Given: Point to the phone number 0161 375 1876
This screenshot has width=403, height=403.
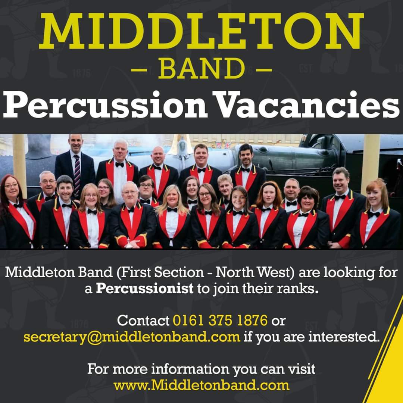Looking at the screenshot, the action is point(220,320).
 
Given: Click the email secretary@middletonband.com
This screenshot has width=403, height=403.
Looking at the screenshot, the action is point(132,337).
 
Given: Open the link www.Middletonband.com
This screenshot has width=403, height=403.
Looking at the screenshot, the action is point(201,385).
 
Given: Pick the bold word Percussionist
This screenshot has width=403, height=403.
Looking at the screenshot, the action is point(145,288).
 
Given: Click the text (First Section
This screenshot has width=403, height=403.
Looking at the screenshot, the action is point(160,272).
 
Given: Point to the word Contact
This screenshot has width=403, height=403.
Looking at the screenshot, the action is point(143,321).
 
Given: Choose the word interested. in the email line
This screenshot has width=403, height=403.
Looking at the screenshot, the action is point(344,337).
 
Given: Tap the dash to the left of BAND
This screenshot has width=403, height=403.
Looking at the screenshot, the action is point(139,69).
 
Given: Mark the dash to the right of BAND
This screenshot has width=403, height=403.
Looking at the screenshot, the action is point(264,69).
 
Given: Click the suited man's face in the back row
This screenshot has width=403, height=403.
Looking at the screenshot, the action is point(75,144).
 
